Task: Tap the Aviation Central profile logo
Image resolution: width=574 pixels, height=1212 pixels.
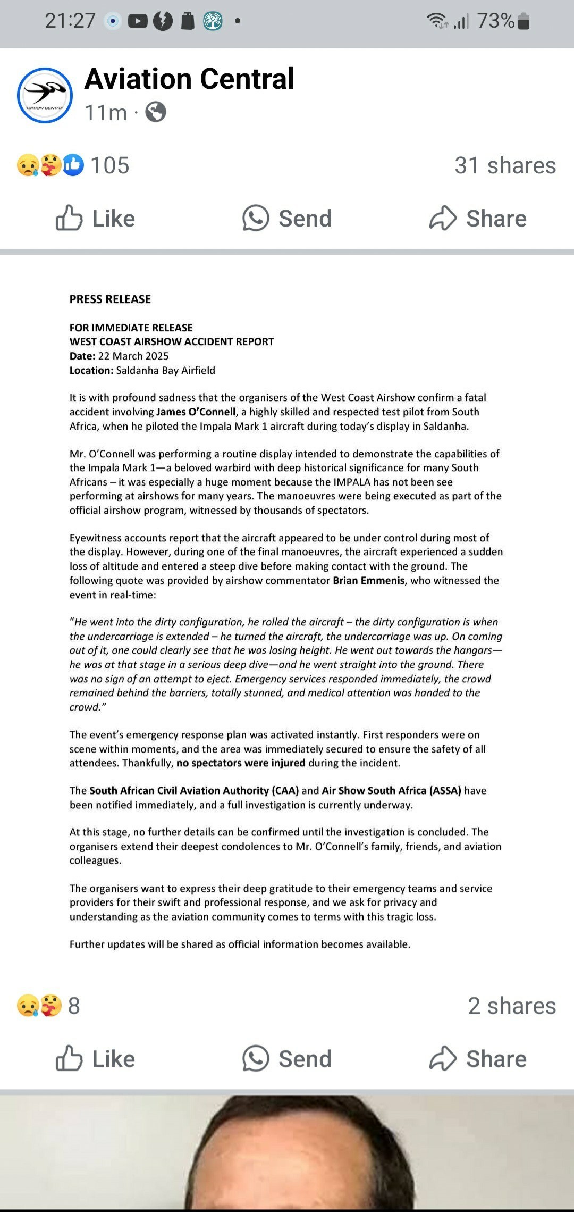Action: [x=45, y=96]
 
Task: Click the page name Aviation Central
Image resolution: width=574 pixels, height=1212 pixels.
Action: [x=189, y=79]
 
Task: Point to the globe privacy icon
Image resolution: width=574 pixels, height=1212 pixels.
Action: [x=156, y=112]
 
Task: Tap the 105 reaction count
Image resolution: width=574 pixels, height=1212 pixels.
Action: [x=109, y=165]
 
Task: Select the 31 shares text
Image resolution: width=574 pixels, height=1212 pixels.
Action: [x=505, y=165]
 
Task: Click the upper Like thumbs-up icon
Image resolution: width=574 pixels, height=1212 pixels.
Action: [x=69, y=218]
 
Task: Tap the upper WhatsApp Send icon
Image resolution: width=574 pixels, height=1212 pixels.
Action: [x=256, y=218]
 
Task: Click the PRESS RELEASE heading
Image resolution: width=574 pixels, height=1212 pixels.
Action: [x=110, y=299]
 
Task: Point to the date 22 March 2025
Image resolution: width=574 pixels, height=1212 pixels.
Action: [x=133, y=356]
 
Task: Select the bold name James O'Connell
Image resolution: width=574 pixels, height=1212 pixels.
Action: [x=196, y=412]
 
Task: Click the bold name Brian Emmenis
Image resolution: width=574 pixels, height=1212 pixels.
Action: [x=369, y=580]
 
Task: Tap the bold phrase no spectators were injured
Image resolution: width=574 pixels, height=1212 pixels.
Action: [x=241, y=763]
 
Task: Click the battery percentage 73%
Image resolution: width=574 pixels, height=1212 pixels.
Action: [x=495, y=21]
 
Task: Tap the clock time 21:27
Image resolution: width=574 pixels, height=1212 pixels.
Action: [x=70, y=21]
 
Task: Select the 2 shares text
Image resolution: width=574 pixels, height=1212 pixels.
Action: [x=511, y=1006]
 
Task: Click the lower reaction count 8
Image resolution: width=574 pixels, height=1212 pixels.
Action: [x=74, y=1006]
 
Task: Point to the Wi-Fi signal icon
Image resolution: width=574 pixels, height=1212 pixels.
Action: [x=437, y=21]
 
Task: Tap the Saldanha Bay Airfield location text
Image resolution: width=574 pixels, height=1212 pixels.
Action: [x=165, y=370]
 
